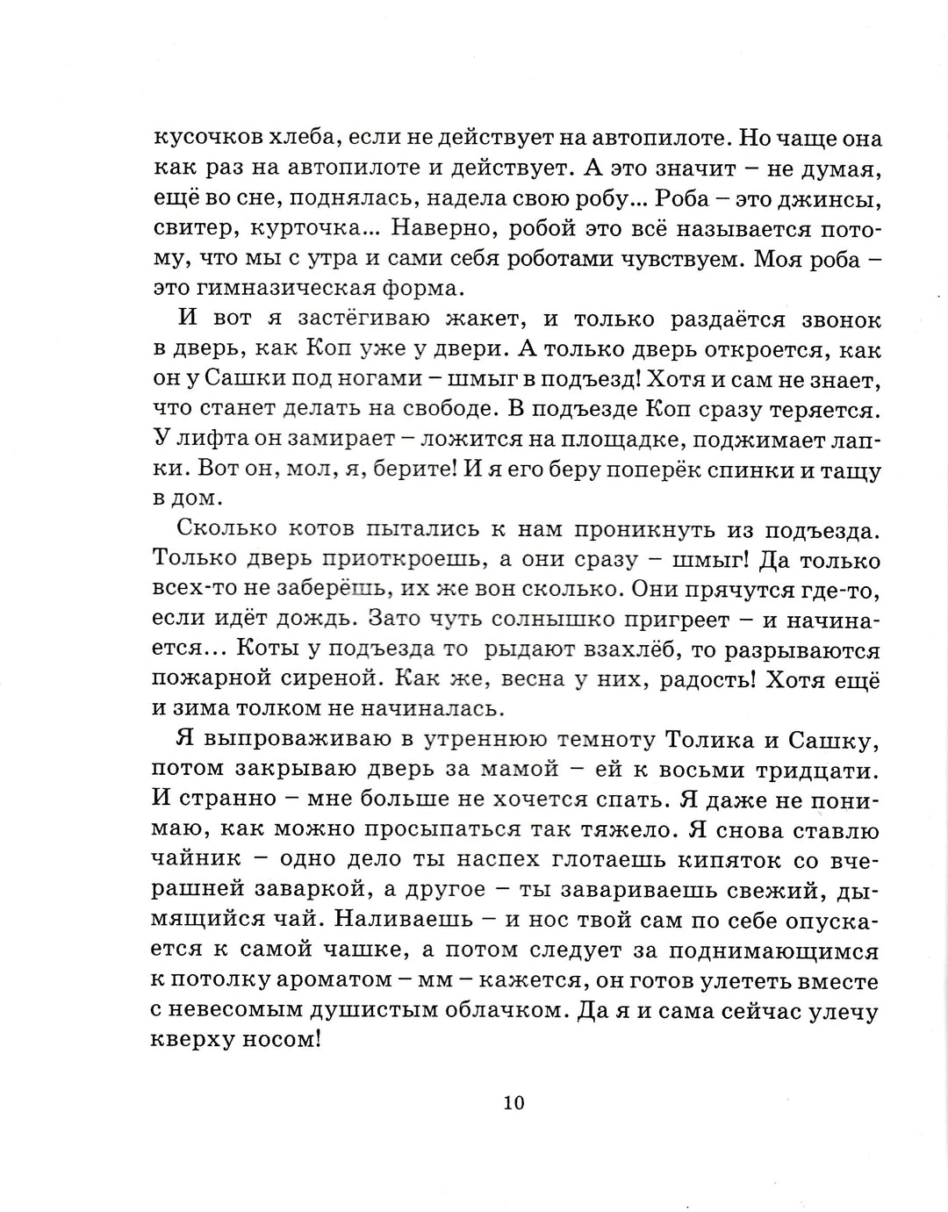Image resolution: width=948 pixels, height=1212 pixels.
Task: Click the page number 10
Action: [x=513, y=1102]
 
